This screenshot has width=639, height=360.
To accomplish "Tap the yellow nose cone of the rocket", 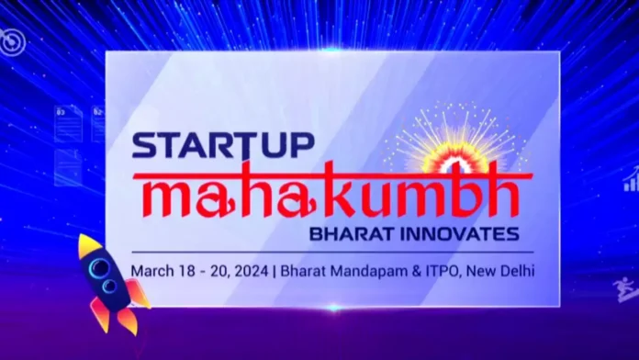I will tap(87, 244).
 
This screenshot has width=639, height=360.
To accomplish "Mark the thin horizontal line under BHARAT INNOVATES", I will tap(331, 252).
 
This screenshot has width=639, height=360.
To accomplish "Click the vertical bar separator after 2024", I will tap(275, 271).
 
